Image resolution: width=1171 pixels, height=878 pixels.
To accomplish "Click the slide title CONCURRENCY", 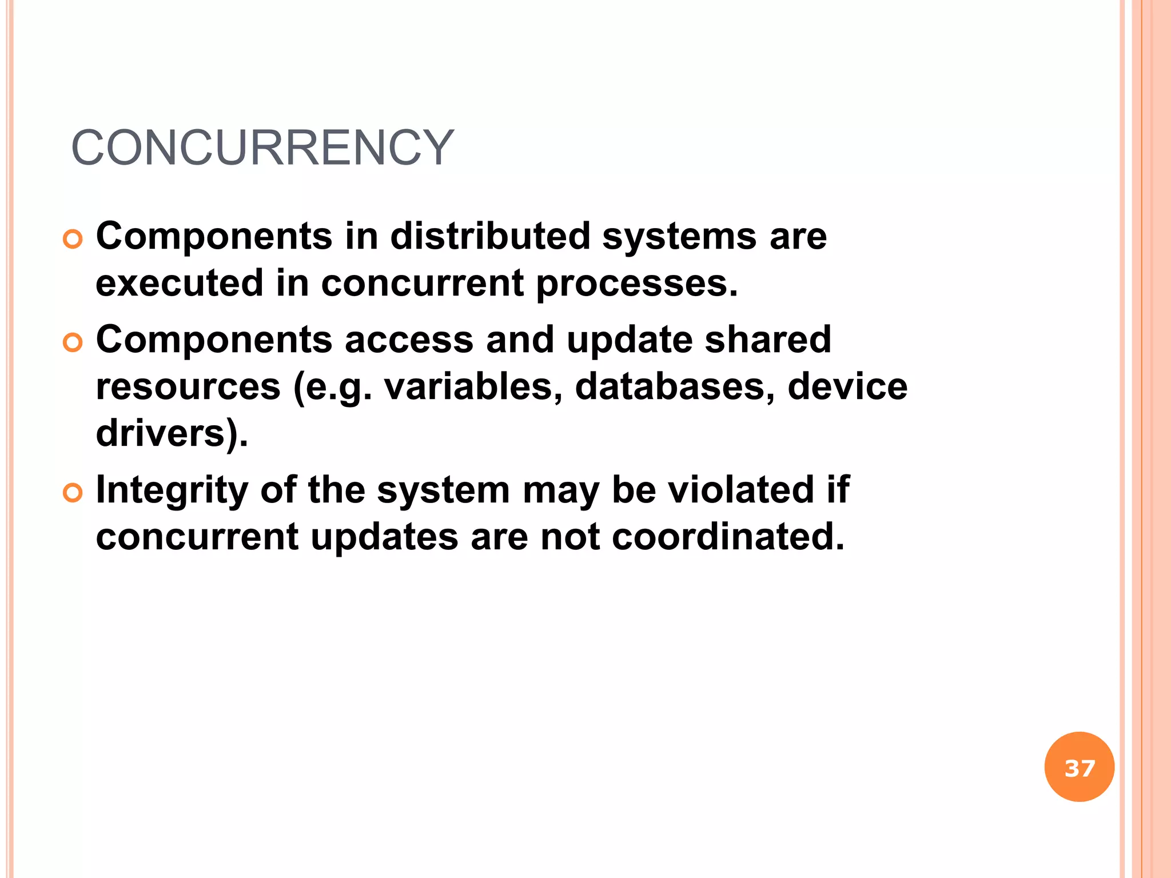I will point(262,148).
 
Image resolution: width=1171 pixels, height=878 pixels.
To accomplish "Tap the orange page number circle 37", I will point(1079,767).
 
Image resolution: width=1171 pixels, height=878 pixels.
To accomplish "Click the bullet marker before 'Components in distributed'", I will point(73,239).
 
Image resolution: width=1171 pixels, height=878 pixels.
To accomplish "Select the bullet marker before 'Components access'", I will point(73,342).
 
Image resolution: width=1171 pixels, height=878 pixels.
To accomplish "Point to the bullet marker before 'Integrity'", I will point(73,493).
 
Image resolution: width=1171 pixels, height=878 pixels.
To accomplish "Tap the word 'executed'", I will point(180,283).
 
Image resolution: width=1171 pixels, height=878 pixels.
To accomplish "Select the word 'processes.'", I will point(637,284).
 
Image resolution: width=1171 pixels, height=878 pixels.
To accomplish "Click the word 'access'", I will point(409,340).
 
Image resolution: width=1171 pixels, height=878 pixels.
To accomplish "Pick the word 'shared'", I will point(768,340).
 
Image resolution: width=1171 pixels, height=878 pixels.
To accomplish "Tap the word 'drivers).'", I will point(172,433).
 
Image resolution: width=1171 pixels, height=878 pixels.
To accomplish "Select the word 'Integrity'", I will point(172,490).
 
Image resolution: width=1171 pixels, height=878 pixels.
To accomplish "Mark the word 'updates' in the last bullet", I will point(384,538).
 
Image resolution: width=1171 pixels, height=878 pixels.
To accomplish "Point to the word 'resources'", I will point(188,387).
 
